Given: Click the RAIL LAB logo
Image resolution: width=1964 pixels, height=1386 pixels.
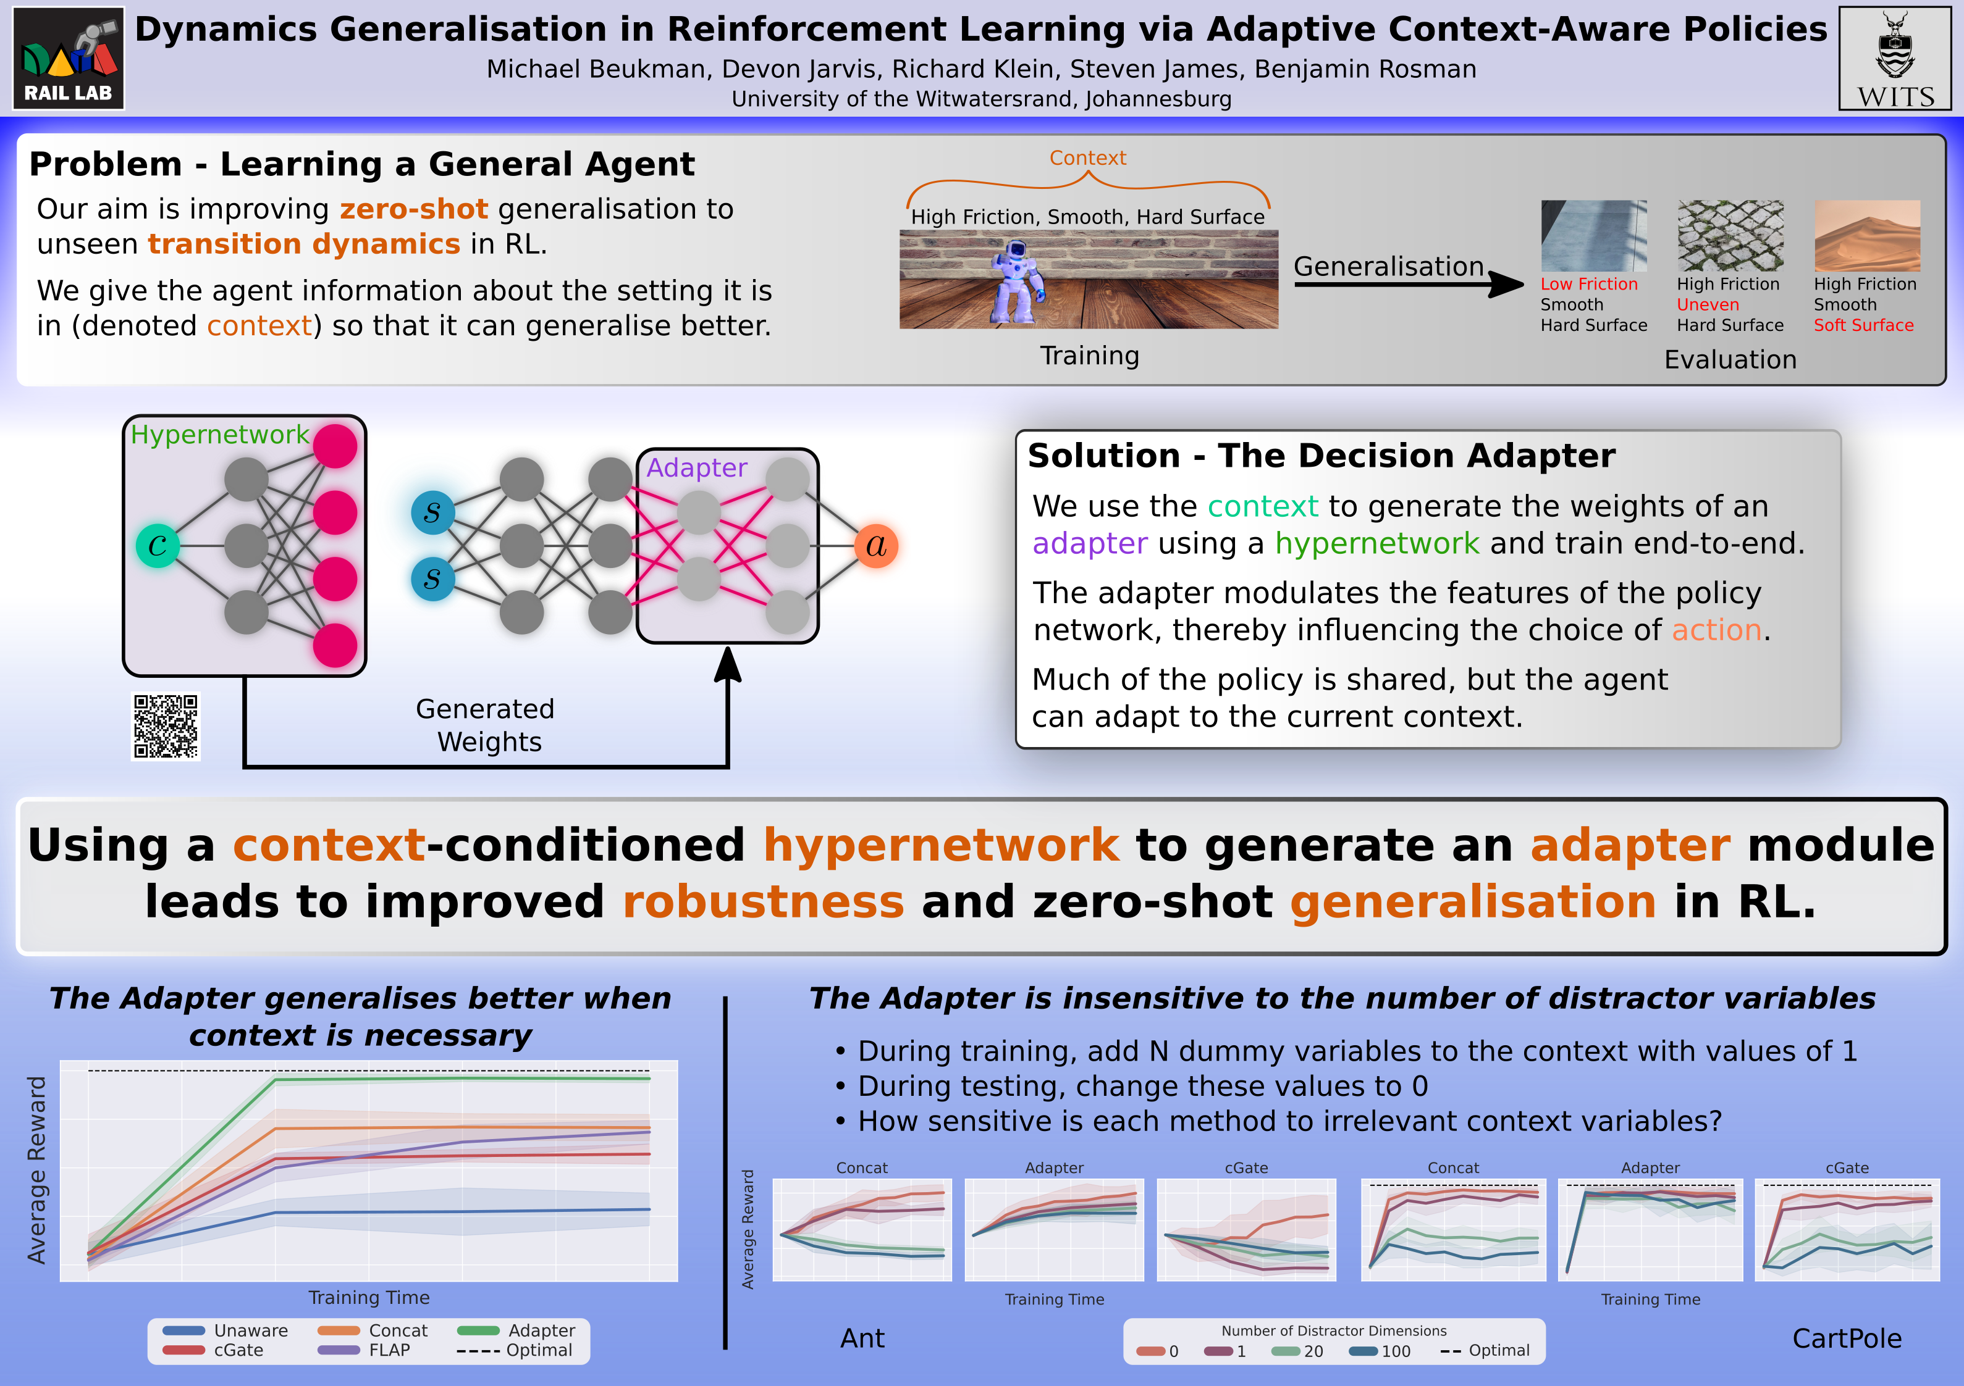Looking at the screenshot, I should pos(69,58).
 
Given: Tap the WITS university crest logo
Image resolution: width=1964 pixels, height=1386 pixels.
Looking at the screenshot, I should pos(1895,58).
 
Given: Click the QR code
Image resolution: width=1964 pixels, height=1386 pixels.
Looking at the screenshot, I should pos(166,726).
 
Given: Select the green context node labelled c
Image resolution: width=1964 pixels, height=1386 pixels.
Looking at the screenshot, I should pos(158,546).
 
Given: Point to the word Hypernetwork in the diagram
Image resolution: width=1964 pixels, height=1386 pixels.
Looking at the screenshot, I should pos(219,435).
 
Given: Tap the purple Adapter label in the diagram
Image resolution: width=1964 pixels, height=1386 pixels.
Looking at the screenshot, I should pos(696,468).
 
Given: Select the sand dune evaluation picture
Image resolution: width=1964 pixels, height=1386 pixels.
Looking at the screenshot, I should pos(1866,236).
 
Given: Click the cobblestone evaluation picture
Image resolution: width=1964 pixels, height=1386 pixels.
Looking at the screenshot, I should pos(1730,236).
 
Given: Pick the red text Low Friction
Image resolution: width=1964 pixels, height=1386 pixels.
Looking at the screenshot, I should pos(1588,285).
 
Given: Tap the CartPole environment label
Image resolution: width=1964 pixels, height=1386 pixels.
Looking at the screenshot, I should pos(1846,1338).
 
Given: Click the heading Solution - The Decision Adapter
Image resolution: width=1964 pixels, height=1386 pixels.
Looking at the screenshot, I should pos(1321,456).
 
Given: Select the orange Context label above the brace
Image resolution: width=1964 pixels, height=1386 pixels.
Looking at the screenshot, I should pos(1087,158).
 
